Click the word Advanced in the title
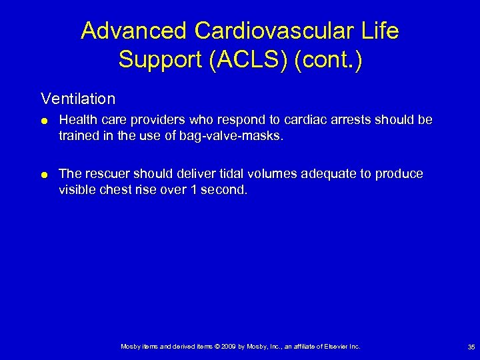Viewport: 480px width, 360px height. pyautogui.click(x=135, y=31)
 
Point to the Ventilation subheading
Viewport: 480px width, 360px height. pyautogui.click(x=78, y=99)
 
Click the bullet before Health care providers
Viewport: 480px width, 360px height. pyautogui.click(x=44, y=121)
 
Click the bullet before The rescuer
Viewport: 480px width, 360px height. pyautogui.click(x=44, y=175)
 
